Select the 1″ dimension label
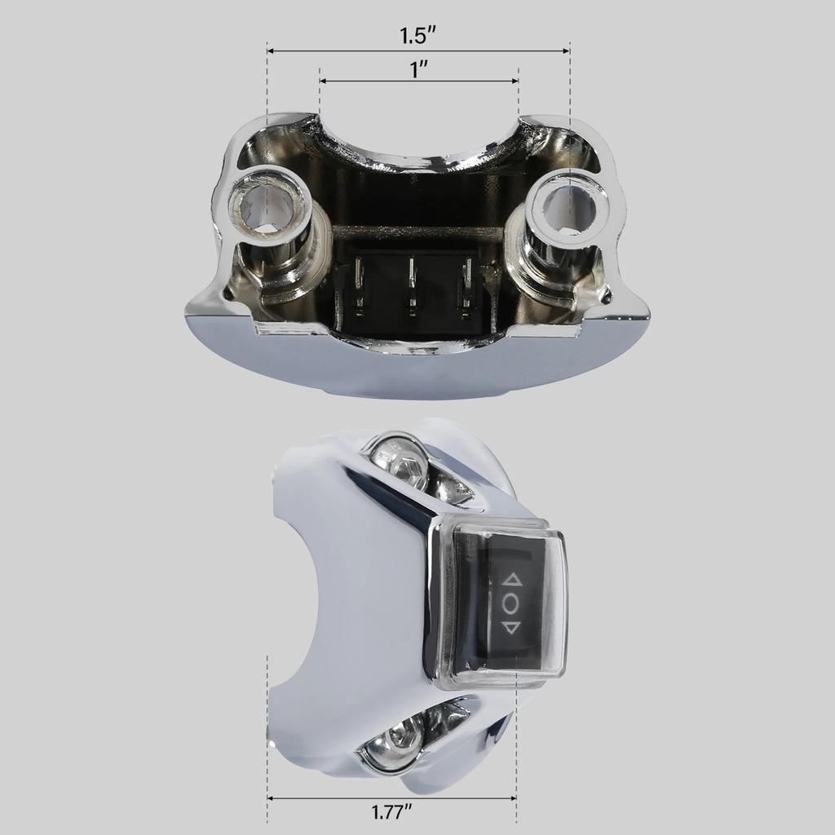click(x=419, y=69)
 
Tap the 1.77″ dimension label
click(x=391, y=812)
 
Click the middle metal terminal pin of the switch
click(x=413, y=285)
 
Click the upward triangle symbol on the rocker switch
click(x=512, y=581)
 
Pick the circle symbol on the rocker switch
click(x=511, y=604)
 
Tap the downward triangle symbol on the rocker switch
click(x=511, y=627)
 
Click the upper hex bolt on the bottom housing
click(x=400, y=463)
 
